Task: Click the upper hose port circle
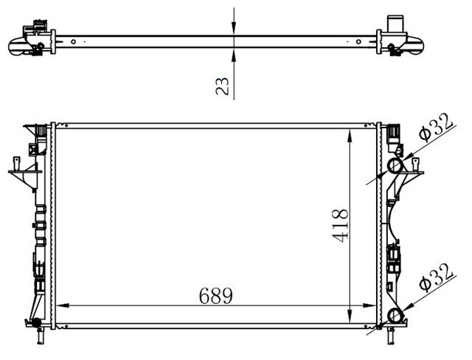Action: coord(396,166)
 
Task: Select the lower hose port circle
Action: coord(396,317)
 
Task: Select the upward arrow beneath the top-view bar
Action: coord(233,54)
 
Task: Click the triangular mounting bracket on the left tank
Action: coord(22,175)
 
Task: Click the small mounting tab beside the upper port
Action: coord(417,174)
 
